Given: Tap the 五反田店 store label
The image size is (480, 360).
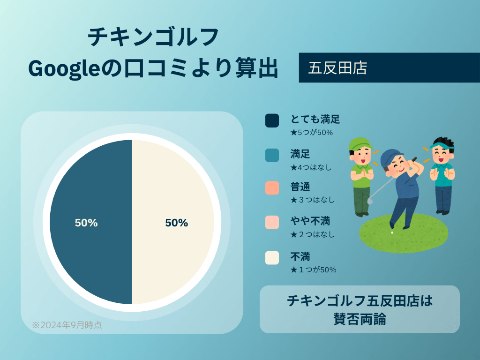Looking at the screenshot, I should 337,68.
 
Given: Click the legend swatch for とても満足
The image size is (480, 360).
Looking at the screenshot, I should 272,120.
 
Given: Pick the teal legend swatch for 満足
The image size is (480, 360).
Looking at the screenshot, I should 272,155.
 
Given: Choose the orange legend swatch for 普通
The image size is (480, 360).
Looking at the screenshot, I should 272,188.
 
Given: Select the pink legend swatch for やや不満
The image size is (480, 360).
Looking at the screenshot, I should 272,222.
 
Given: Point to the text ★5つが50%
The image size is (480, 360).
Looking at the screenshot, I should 311,133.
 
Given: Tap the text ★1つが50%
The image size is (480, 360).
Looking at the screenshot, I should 313,270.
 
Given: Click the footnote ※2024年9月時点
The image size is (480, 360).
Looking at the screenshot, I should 67,324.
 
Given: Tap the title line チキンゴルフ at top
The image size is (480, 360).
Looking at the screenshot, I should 153,37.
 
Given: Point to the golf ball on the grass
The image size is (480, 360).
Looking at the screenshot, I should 392,232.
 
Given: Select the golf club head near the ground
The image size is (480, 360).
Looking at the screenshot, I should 370,200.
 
